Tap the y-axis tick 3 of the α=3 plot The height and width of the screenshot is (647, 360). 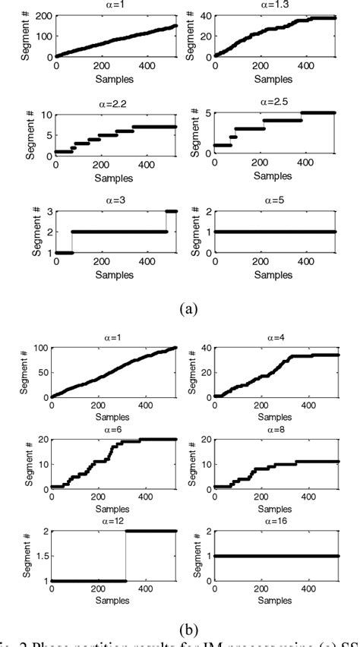tap(47, 212)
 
